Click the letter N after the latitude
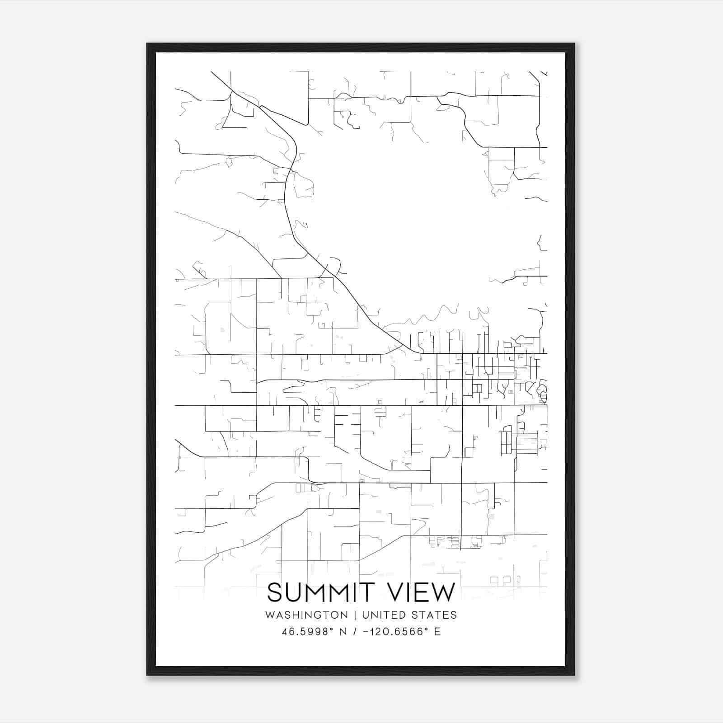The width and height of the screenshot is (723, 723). pyautogui.click(x=343, y=632)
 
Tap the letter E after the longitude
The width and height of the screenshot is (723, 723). pyautogui.click(x=437, y=632)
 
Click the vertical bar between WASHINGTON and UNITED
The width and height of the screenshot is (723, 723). pyautogui.click(x=355, y=615)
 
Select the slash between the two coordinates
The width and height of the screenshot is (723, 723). pyautogui.click(x=354, y=632)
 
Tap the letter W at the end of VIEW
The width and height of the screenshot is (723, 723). pyautogui.click(x=445, y=592)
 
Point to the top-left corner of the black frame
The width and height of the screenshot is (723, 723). pyautogui.click(x=147, y=44)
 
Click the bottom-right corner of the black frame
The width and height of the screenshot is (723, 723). pyautogui.click(x=574, y=675)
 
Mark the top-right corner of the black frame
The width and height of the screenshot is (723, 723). pyautogui.click(x=574, y=44)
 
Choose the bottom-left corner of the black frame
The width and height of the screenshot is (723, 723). pyautogui.click(x=147, y=675)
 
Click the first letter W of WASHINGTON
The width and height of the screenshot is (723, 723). pyautogui.click(x=270, y=615)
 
